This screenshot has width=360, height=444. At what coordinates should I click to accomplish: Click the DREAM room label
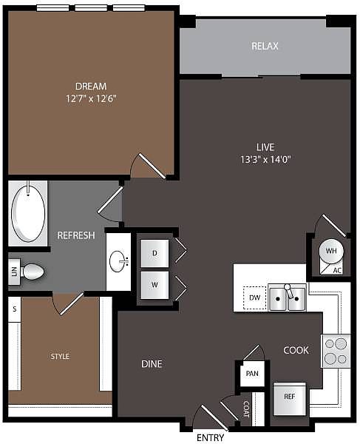[91, 86]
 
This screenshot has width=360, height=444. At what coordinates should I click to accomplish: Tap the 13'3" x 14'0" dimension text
[265, 160]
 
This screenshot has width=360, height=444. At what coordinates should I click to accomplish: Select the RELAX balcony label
[265, 46]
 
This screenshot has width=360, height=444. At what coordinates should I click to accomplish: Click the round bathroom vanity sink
[118, 261]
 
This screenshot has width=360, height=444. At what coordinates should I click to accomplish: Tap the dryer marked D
[154, 253]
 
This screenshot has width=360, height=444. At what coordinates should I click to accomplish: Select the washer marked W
[154, 285]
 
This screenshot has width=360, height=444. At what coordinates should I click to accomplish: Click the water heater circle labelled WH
[331, 251]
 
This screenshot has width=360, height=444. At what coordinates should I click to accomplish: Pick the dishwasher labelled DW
[254, 297]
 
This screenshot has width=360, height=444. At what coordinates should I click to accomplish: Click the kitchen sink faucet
[289, 292]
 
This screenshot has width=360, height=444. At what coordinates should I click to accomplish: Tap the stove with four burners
[336, 351]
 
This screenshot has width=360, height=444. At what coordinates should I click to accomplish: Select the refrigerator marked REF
[290, 400]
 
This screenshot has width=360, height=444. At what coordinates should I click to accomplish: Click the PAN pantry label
[252, 374]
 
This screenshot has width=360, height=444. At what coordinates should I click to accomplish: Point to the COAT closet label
[247, 409]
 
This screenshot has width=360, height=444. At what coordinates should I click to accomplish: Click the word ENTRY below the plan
[210, 437]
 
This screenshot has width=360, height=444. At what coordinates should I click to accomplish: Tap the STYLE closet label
[60, 356]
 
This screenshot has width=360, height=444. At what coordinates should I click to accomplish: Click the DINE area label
[152, 364]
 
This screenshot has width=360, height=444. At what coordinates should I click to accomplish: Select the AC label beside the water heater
[337, 270]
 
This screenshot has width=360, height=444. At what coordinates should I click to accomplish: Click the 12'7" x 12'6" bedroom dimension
[91, 99]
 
